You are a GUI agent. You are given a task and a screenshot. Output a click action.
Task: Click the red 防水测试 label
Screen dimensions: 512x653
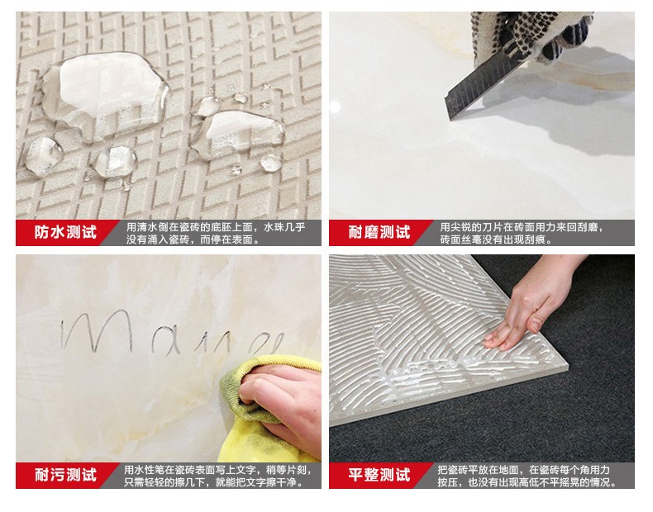point(65,233)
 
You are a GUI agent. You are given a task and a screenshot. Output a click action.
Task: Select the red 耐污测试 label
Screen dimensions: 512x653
point(65,475)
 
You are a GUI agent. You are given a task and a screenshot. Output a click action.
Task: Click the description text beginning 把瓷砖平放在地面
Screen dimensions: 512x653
point(529,475)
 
